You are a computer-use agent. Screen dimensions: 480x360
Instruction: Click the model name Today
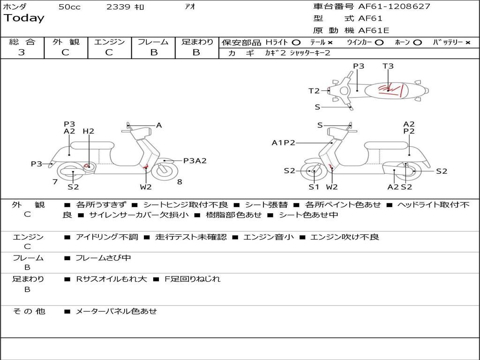click(24, 18)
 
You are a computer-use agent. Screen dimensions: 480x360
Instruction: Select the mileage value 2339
click(119, 7)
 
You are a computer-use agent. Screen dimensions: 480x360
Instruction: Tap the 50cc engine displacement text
click(69, 7)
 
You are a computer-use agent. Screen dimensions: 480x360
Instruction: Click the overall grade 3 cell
click(22, 52)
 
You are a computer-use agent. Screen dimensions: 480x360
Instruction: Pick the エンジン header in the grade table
click(109, 42)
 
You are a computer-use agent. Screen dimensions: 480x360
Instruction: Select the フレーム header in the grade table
click(153, 42)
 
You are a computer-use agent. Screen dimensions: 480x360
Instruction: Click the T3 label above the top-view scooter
click(388, 66)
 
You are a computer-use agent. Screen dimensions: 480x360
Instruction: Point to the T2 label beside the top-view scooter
click(314, 91)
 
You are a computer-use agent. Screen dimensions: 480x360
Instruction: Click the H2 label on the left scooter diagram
click(89, 131)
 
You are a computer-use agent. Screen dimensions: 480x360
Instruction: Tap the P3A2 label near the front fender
click(195, 161)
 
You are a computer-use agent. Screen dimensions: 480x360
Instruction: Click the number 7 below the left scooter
click(55, 181)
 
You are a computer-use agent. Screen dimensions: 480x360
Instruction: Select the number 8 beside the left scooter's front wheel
click(180, 181)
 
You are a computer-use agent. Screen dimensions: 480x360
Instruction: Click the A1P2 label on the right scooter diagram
click(284, 142)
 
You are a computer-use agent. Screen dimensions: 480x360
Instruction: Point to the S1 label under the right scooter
click(314, 187)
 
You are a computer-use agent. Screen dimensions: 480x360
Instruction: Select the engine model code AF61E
click(374, 30)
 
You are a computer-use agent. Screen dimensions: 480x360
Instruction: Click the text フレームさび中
click(103, 258)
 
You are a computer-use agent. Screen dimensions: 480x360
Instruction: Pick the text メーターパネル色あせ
click(116, 311)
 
